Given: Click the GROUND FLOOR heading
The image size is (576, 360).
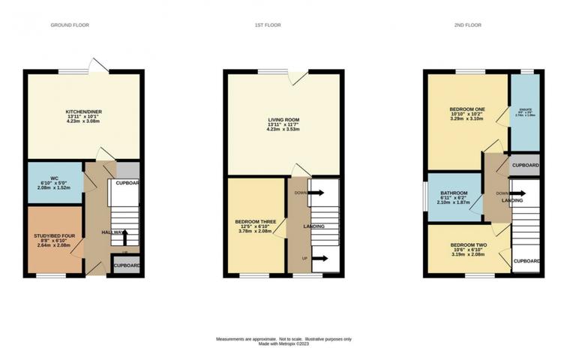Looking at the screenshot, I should tap(70, 25).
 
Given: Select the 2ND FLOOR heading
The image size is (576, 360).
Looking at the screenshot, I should tap(467, 25).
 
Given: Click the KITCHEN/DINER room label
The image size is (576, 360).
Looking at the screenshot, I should tap(83, 112).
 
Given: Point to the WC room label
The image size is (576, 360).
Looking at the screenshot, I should tap(55, 178).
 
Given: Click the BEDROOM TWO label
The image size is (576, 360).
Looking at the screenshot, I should tap(469, 245).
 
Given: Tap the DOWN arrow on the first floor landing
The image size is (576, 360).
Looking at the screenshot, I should tap(314, 193).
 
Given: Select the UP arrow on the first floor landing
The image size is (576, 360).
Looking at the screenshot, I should tap(319, 259).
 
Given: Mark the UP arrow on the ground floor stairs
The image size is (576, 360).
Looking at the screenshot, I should tap(124, 237).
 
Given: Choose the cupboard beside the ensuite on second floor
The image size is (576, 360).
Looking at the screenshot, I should tap(525, 164).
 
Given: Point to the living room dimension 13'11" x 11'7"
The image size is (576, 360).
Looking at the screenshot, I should tap(284, 124).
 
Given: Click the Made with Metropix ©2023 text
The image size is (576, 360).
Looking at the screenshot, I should tap(284, 344).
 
